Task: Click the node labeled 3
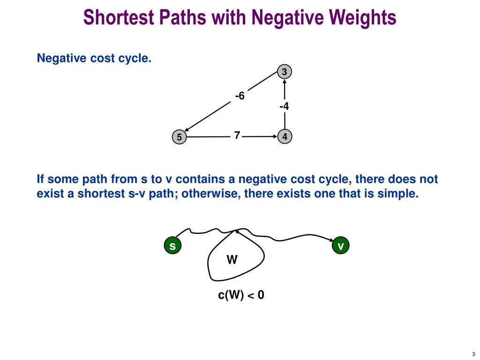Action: point(284,72)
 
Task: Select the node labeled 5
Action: point(179,137)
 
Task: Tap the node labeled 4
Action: point(285,137)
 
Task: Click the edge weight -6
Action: point(240,96)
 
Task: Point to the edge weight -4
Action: point(284,106)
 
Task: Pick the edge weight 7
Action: point(237,135)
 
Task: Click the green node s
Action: point(172,246)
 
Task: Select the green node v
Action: point(341,246)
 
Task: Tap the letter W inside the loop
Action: point(232,259)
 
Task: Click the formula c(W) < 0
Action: point(241,295)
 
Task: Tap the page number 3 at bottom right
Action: point(474,354)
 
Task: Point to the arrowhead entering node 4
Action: point(275,137)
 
